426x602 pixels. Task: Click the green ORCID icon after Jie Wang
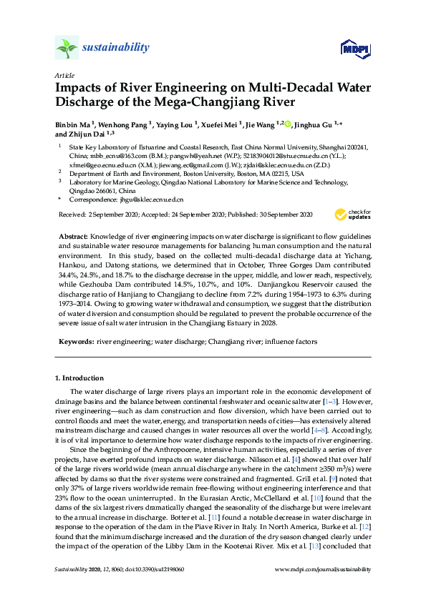coord(288,124)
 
